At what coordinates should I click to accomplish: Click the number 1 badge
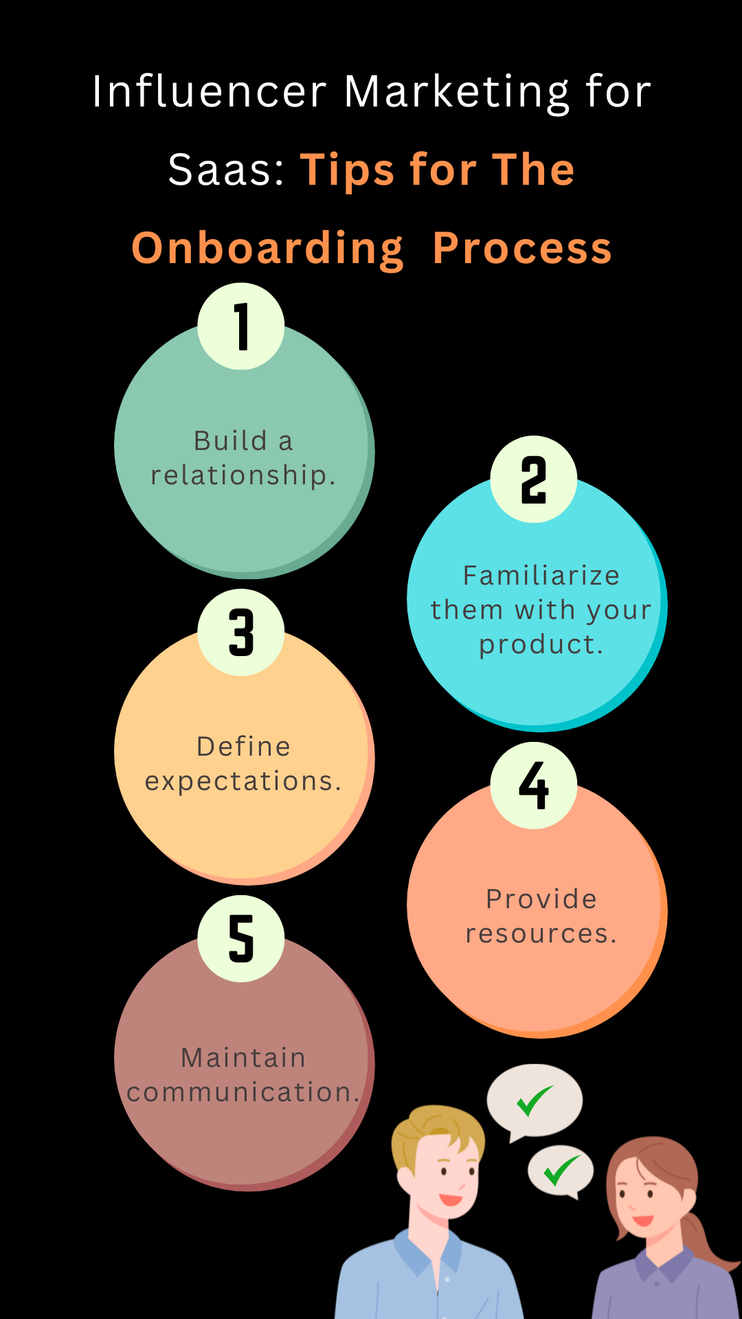tap(241, 326)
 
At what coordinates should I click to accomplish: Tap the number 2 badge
tap(534, 480)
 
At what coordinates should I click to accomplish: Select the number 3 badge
tap(241, 632)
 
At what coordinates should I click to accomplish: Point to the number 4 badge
tap(534, 785)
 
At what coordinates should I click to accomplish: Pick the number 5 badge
tap(241, 938)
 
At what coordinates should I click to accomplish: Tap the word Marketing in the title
tap(457, 93)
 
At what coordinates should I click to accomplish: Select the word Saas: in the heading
tap(226, 170)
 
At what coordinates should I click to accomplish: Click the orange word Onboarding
tap(267, 249)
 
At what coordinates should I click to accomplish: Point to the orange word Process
tap(522, 248)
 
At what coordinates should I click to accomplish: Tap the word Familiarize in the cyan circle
tap(541, 576)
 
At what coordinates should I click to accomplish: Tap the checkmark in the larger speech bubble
tap(535, 1101)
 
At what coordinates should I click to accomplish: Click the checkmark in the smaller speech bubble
tap(562, 1171)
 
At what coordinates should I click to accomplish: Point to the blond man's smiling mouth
tap(451, 1199)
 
